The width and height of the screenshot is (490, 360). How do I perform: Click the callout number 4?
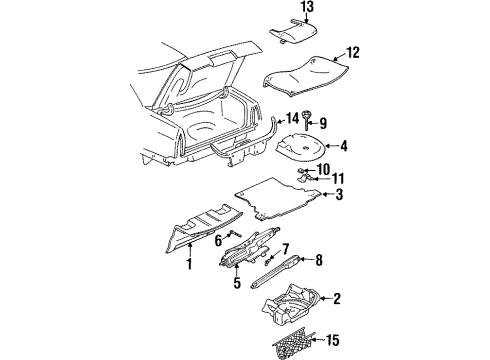(343, 146)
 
